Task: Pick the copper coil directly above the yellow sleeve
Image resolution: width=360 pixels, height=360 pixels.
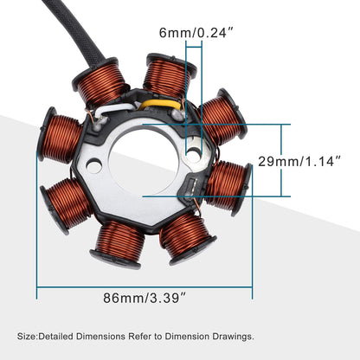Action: point(168,75)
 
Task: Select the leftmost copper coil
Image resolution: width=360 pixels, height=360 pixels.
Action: point(61,138)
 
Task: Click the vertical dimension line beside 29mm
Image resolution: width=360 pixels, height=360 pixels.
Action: point(281,161)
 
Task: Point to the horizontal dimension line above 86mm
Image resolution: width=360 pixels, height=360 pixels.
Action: point(145,282)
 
